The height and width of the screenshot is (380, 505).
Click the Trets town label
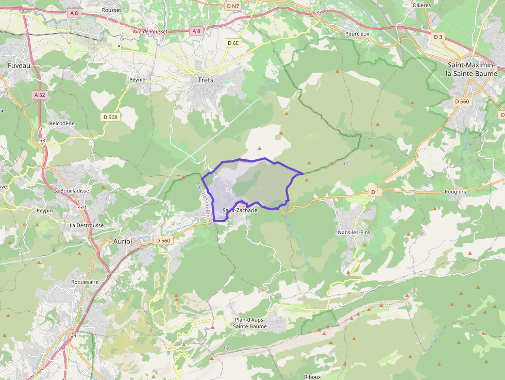(206, 80)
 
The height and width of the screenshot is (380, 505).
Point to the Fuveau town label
(19, 65)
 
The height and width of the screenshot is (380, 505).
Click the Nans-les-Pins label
(353, 232)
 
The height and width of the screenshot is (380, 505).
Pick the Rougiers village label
(454, 192)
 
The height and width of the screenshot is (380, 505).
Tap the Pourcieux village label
(358, 34)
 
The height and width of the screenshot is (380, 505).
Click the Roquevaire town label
(85, 282)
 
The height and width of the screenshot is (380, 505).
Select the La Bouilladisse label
(71, 190)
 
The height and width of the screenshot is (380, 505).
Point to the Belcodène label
(61, 124)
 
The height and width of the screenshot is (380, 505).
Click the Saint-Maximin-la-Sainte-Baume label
(473, 69)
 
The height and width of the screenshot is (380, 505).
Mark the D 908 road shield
(110, 117)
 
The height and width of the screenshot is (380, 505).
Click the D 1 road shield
(375, 192)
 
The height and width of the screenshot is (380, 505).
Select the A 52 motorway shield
(39, 95)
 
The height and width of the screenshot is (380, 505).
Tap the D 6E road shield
(233, 43)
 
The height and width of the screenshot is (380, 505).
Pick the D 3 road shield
(438, 37)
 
